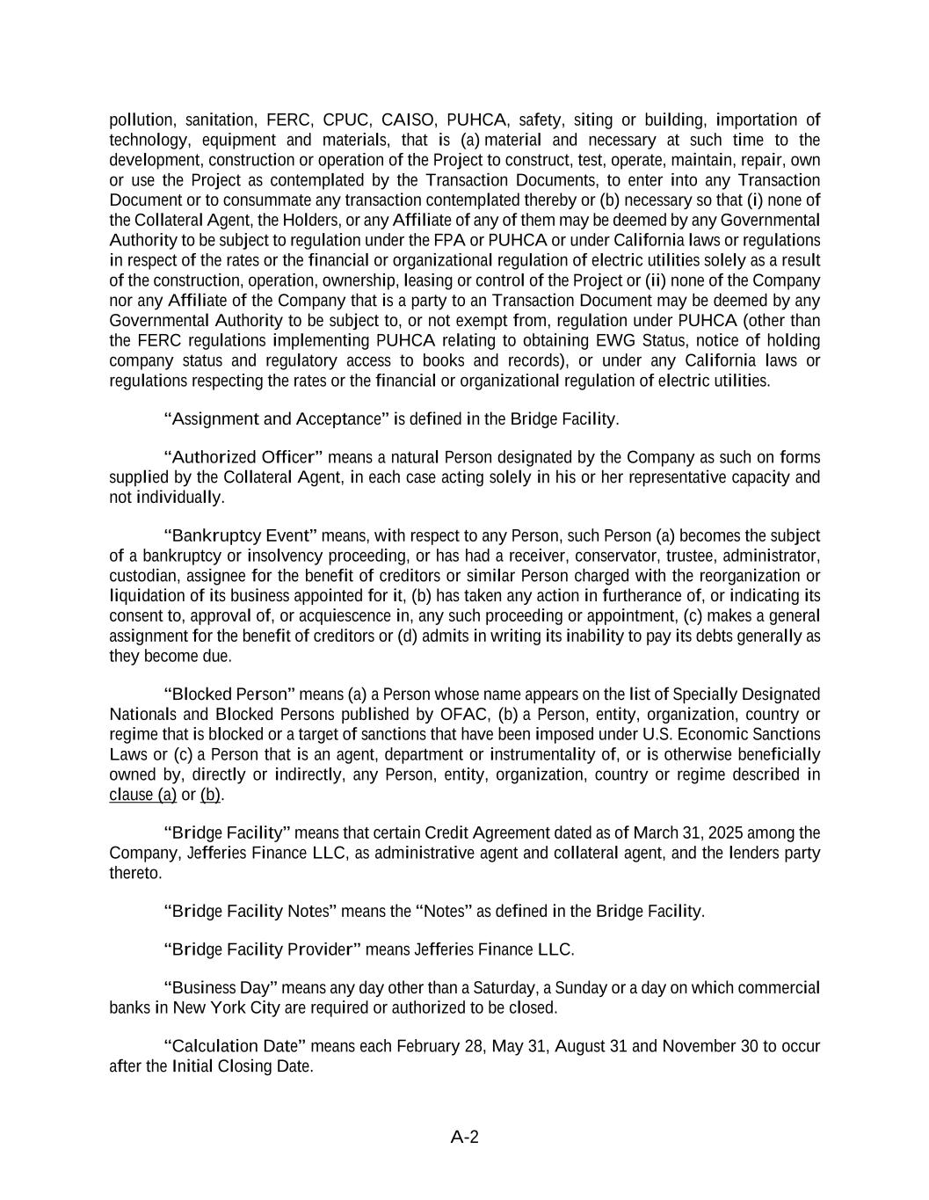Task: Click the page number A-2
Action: pyautogui.click(x=464, y=1137)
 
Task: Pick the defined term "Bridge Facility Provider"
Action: pyautogui.click(x=263, y=949)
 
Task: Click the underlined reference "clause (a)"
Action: pyautogui.click(x=142, y=795)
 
